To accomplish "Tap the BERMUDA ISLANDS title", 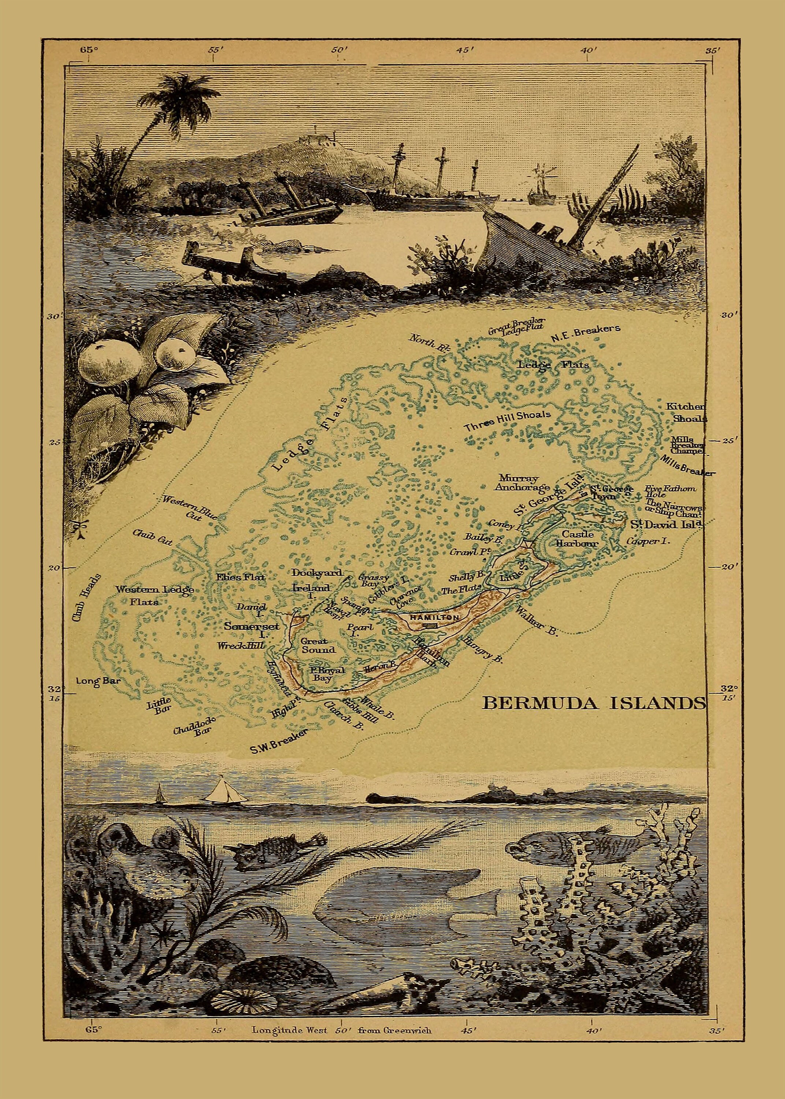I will coord(593,703).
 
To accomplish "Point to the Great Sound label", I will coord(318,646).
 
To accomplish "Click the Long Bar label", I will coord(98,681).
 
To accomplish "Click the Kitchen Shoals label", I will coord(686,412).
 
